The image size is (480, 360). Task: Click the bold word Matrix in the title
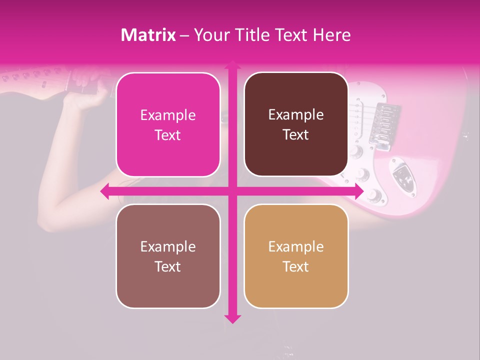pos(148,35)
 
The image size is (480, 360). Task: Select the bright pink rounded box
pos(168,124)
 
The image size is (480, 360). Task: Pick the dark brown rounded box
pos(296,124)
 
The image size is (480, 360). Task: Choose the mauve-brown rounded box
pos(168,256)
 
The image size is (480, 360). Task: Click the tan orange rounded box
pos(296,256)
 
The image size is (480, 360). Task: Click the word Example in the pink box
pos(168,115)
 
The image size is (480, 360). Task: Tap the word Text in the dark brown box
pos(296,135)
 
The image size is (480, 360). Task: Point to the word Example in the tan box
pos(296,246)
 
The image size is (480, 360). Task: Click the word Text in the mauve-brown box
pos(168,266)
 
